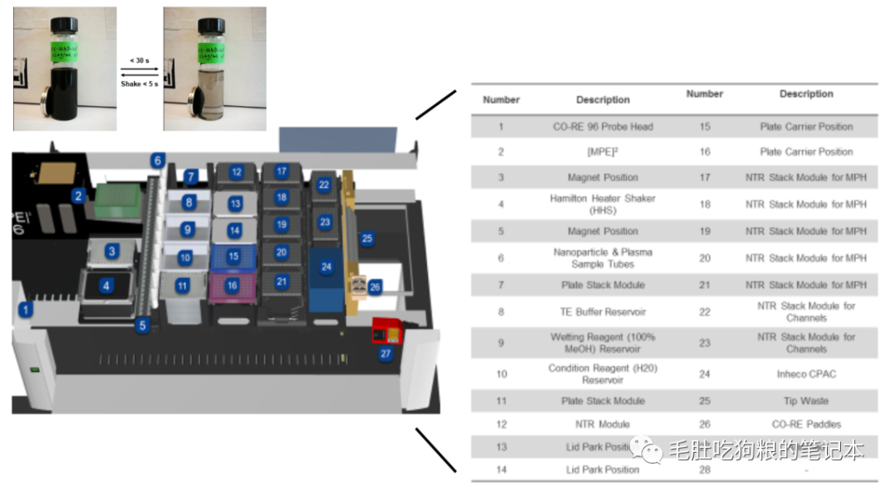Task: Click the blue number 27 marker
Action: tap(385, 353)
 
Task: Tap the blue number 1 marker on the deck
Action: tap(26, 310)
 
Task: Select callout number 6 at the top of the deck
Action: tap(157, 161)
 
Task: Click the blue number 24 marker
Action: tap(326, 267)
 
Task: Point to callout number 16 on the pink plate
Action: tap(233, 286)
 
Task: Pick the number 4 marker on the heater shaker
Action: tap(107, 286)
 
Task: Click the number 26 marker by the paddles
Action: tap(375, 286)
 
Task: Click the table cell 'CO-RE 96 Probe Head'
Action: tap(603, 127)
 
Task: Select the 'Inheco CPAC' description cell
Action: tap(805, 374)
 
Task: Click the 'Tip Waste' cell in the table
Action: tap(805, 401)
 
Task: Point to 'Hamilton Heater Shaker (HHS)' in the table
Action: tap(603, 204)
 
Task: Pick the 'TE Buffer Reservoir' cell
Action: tap(603, 312)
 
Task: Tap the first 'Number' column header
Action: tap(501, 99)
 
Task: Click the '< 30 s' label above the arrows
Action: tap(139, 60)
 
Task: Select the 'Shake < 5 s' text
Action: tap(139, 84)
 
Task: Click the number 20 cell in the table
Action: tap(704, 258)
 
